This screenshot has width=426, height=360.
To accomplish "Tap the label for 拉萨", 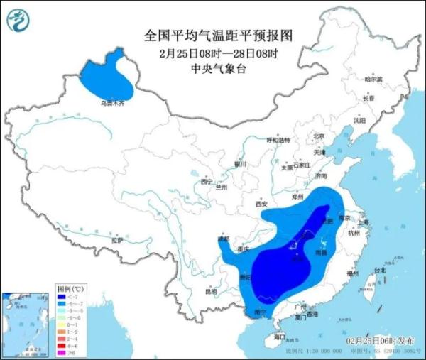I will [x=117, y=240].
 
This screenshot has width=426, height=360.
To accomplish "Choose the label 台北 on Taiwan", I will [x=379, y=270].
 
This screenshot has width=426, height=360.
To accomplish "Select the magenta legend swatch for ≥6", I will [x=61, y=351].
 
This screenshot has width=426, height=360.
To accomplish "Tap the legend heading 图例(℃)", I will [x=70, y=290].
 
